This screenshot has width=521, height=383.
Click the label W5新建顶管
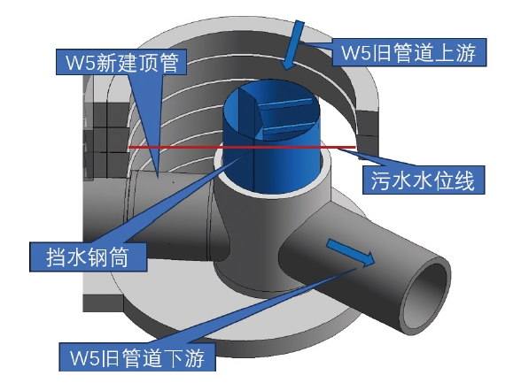(121, 62)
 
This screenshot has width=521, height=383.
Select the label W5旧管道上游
(409, 53)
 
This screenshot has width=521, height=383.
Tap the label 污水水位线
(423, 180)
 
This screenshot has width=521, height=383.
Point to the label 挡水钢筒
(88, 257)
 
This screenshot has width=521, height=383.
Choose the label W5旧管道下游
(137, 357)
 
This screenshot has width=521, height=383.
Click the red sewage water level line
(242, 147)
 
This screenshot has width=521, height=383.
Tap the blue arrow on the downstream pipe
(351, 252)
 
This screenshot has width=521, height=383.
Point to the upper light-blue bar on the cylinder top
(285, 103)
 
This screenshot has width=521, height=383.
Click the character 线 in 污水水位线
(464, 180)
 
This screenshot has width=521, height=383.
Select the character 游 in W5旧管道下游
(194, 357)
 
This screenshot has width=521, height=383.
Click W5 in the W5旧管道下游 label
(84, 358)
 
